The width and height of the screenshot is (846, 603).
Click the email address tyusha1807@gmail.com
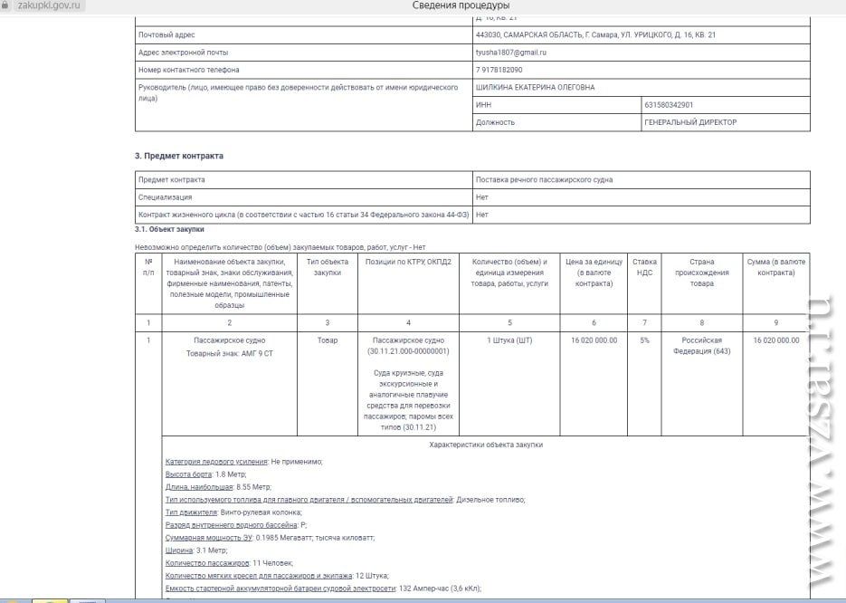point(511,53)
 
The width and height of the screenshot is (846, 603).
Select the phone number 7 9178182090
point(499,70)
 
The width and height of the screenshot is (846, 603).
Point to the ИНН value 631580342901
point(669,105)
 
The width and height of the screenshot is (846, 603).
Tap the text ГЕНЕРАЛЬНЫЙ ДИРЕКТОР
point(690,122)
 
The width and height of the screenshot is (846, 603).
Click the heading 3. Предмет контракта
point(179,156)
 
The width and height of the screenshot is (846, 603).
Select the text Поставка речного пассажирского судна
point(544,179)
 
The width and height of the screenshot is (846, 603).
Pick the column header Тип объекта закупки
point(327,267)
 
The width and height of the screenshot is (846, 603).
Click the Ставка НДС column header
point(644,267)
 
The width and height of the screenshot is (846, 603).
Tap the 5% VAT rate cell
point(644,340)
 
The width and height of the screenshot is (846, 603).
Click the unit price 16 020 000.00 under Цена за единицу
point(594,340)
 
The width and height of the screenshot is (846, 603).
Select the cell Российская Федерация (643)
point(701,346)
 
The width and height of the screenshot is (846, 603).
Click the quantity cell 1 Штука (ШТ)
point(509,340)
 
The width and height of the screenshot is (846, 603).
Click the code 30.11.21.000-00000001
point(409,351)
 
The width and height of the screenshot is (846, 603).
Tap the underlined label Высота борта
point(189,474)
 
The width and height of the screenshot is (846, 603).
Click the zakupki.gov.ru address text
point(50,5)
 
